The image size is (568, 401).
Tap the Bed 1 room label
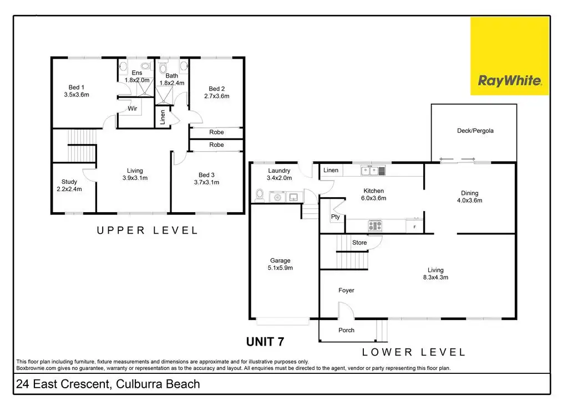(77, 91)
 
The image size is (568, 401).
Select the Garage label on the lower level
(280, 264)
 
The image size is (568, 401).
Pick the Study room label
(69, 185)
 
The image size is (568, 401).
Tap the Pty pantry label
(336, 217)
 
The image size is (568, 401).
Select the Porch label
(346, 330)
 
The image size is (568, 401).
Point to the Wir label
(133, 109)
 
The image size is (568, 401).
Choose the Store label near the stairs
(359, 243)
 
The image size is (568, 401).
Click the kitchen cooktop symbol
(375, 225)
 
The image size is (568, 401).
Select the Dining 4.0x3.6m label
(469, 197)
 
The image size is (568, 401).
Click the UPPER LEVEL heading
(147, 230)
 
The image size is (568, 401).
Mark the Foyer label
(346, 290)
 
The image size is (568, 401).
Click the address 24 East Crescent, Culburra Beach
(108, 384)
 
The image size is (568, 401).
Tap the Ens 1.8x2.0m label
(137, 76)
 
